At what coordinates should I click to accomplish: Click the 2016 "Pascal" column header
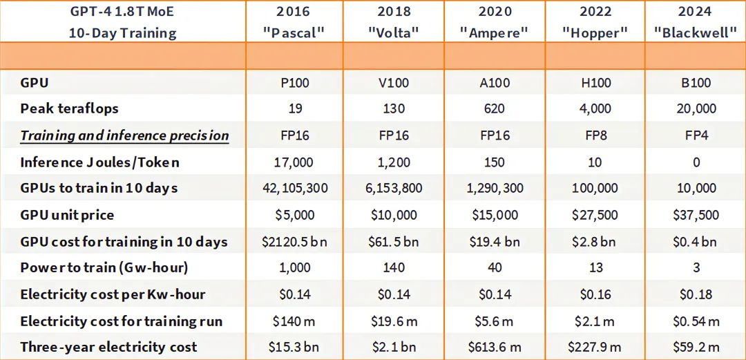pos(293,22)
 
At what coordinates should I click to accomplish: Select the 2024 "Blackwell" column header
pos(696,22)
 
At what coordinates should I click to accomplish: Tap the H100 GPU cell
pos(595,83)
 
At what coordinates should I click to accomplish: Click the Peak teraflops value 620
pos(495,108)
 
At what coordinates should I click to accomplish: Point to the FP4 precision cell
pos(696,135)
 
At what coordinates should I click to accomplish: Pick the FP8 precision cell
pos(595,135)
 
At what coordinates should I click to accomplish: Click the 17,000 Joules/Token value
pos(293,162)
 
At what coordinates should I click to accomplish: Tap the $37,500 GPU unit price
pos(696,215)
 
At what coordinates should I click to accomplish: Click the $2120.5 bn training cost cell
pos(293,242)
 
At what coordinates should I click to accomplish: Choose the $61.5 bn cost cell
pos(394,242)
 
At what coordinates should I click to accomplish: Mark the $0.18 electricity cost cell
pos(696,294)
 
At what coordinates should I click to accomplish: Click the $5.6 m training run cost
pos(495,321)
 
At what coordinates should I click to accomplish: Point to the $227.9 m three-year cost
pos(595,347)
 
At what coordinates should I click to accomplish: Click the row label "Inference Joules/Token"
pos(99,162)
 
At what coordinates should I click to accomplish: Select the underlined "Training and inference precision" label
pos(124,135)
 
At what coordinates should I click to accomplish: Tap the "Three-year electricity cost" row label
pos(108,347)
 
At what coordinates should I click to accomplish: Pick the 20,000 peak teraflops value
pos(696,108)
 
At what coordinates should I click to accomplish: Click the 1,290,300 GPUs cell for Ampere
pos(495,188)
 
